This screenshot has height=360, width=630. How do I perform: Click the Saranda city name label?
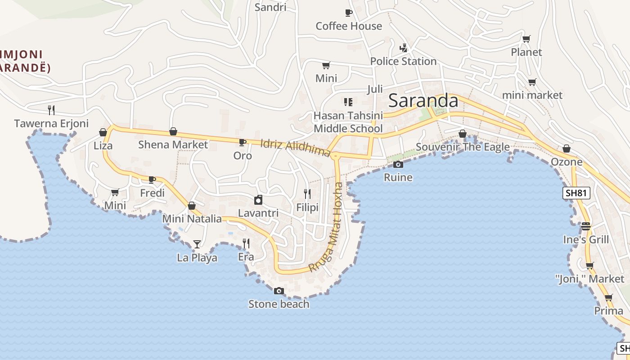[423, 100]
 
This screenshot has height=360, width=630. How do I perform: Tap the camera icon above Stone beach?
[279, 291]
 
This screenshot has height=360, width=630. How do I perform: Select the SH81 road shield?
[576, 193]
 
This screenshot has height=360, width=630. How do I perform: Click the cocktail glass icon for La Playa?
[197, 244]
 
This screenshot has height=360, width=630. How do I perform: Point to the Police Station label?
[403, 61]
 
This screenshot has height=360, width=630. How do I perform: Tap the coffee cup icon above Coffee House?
[348, 13]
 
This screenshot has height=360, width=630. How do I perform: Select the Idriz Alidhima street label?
[296, 148]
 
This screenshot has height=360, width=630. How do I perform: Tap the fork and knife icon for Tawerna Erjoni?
[51, 110]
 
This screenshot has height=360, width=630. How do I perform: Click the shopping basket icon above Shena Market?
[173, 131]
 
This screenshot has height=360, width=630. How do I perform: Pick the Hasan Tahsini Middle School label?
[348, 122]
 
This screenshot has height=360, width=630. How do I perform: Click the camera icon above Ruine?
[398, 164]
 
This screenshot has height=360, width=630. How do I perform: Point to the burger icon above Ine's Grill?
[585, 226]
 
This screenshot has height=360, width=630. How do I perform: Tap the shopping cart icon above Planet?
[526, 39]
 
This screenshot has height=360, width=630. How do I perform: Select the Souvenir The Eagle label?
[463, 147]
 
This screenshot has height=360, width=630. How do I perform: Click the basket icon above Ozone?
[567, 148]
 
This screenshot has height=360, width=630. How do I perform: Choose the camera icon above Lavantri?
[258, 200]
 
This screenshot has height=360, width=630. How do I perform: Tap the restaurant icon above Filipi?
[307, 194]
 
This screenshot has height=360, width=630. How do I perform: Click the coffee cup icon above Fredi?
[152, 180]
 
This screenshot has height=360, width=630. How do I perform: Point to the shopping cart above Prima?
[608, 297]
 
